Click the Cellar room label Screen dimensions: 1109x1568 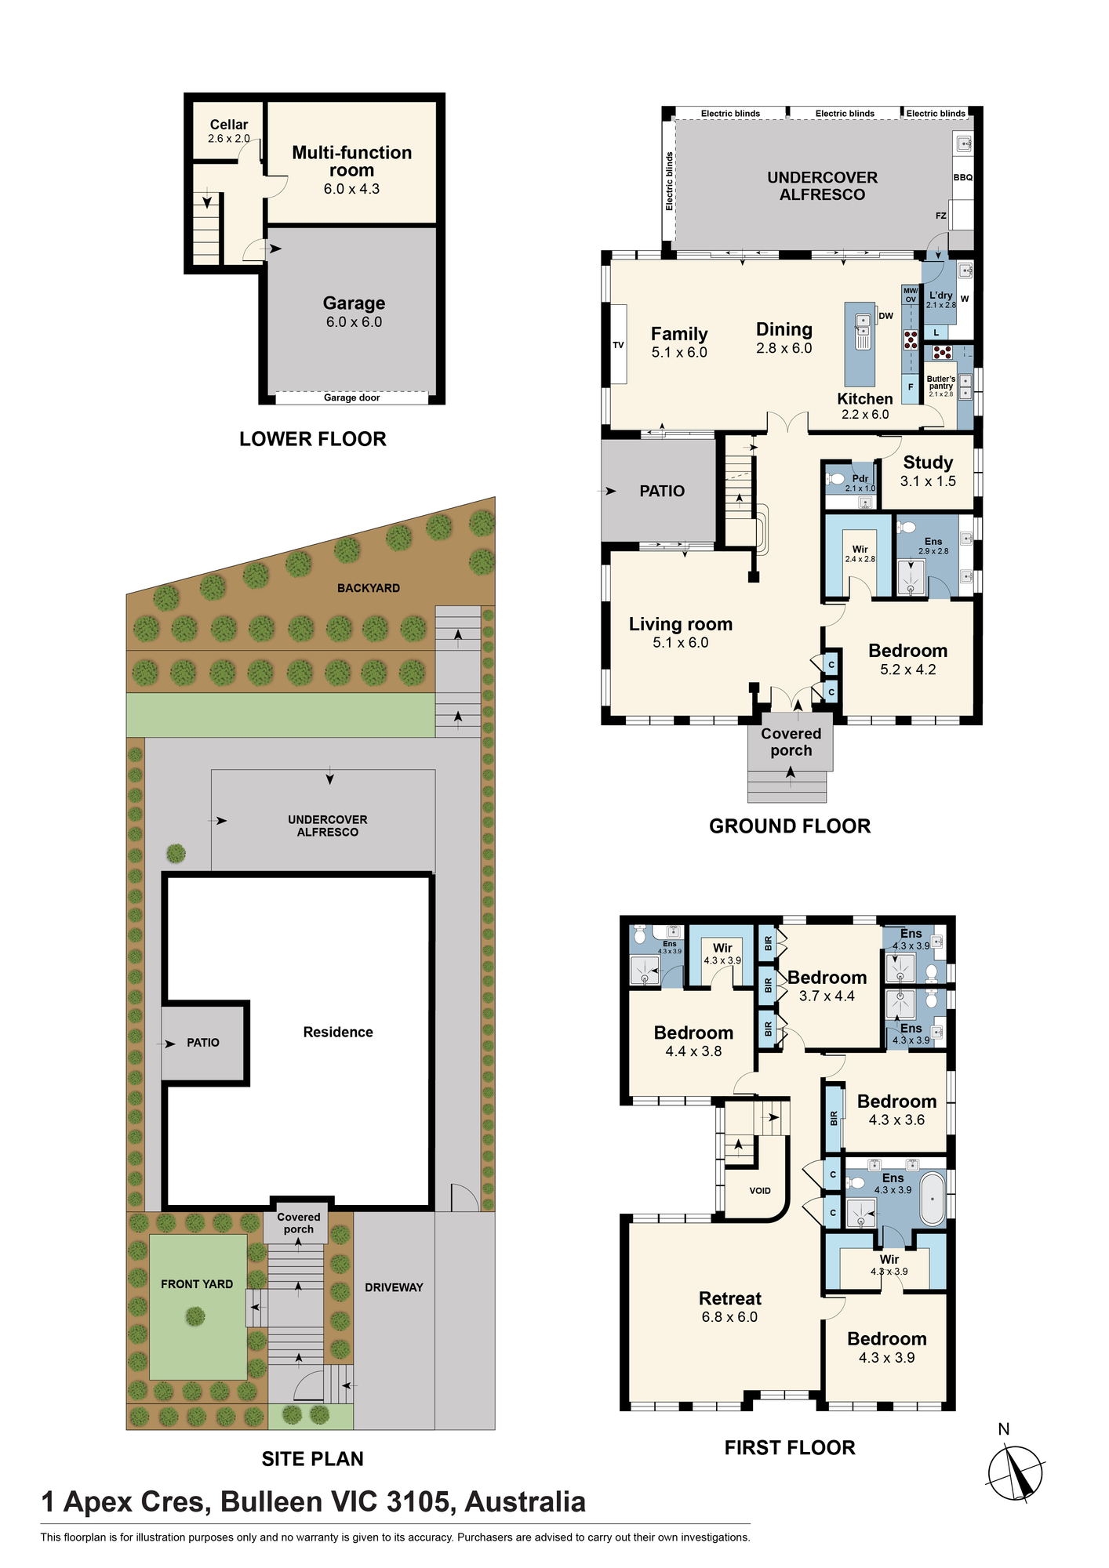tap(229, 125)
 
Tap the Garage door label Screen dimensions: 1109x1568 tap(351, 397)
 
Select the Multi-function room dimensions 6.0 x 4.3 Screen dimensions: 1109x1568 tap(351, 189)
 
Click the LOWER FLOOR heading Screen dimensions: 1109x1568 tap(313, 439)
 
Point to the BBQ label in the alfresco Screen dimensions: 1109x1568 tap(963, 177)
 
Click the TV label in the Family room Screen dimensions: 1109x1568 tap(618, 345)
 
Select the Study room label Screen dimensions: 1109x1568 tap(928, 463)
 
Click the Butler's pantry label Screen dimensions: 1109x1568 tap(941, 383)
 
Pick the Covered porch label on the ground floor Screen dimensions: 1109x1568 tap(791, 742)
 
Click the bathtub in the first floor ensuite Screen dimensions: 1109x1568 tap(933, 1199)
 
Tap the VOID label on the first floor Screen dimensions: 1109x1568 tap(760, 1190)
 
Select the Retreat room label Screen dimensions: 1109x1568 tap(730, 1298)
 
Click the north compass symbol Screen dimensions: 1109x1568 tap(1016, 1474)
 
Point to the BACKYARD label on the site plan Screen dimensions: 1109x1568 tap(369, 588)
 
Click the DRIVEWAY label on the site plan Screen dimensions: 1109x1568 tap(394, 1287)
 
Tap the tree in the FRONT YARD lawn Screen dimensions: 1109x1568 tap(195, 1316)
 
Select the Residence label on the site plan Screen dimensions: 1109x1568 tap(338, 1033)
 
